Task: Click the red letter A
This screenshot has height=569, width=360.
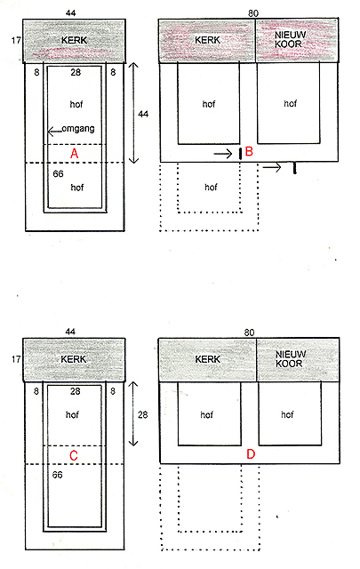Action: [74, 154]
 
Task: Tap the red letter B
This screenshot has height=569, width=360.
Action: [249, 151]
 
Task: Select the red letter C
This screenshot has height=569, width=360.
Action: [73, 455]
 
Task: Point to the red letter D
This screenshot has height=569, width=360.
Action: [251, 454]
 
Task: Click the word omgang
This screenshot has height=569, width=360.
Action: [78, 129]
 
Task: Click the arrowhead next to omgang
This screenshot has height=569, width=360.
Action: [51, 132]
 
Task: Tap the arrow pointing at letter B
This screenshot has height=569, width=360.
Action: [223, 154]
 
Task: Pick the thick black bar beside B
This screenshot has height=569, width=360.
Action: [240, 154]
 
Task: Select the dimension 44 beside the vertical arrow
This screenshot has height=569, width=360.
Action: [143, 115]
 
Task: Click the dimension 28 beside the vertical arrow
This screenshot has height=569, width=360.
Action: [142, 414]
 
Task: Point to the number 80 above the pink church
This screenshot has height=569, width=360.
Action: [253, 13]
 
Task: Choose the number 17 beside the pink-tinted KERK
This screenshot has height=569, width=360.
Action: [16, 40]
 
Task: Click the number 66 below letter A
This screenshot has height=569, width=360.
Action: [58, 174]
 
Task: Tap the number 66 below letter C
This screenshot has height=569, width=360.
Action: [58, 475]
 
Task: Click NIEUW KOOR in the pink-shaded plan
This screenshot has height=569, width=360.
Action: [290, 39]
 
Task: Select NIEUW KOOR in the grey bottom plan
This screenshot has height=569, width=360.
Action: [291, 359]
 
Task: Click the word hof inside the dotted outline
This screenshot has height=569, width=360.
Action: [211, 188]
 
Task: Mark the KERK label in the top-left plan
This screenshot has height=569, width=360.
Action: [75, 40]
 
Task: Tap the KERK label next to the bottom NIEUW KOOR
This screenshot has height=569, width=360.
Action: [208, 359]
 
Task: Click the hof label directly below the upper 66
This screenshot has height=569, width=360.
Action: [77, 188]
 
